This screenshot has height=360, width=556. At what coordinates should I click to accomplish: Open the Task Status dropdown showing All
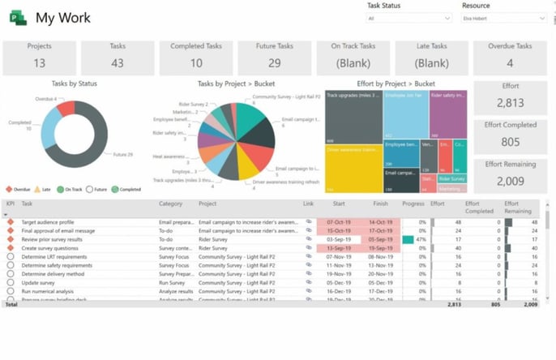pos(408,18)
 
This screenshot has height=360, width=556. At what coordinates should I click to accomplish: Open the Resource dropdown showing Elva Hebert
pos(503,18)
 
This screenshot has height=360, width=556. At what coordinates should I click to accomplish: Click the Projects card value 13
pos(39,62)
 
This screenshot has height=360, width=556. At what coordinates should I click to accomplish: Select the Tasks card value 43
pos(118,62)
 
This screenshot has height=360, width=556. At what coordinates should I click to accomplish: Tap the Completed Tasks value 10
pos(197,62)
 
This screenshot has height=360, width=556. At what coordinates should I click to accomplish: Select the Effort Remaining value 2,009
pos(511,180)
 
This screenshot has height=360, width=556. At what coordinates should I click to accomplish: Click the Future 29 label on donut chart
pos(122,154)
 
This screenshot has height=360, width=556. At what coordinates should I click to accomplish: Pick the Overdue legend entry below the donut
pos(18,189)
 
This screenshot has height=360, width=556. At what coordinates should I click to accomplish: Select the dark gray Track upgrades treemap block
pos(353,117)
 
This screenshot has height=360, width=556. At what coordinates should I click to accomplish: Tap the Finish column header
pos(380,204)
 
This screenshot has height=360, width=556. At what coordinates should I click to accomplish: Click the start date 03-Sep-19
pos(339,240)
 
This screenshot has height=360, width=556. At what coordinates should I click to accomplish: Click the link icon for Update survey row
pos(309,282)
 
